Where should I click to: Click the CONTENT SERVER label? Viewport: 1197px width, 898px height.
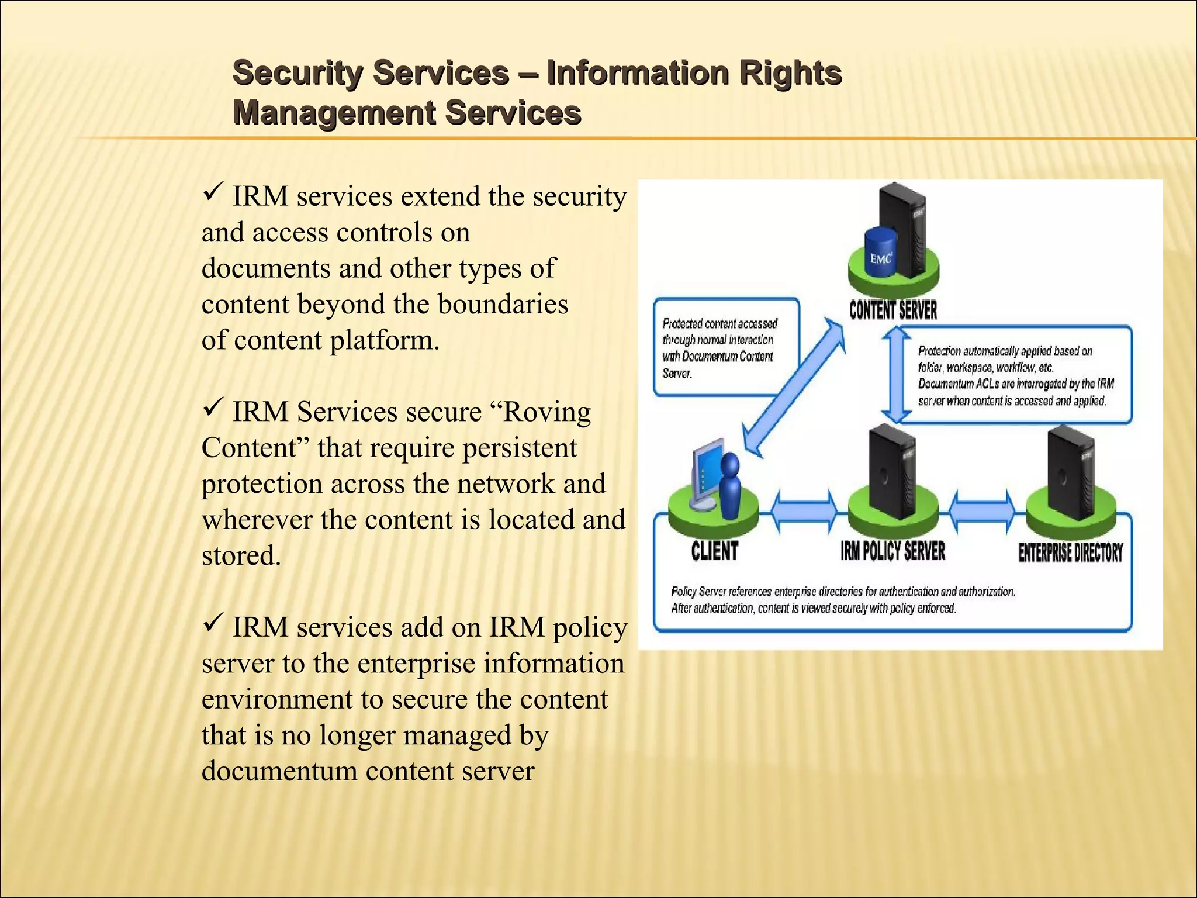[892, 310]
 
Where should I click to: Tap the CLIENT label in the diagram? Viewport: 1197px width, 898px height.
[714, 551]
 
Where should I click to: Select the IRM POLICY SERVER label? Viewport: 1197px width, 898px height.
[892, 551]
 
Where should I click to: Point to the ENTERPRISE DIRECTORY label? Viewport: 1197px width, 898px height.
[1070, 552]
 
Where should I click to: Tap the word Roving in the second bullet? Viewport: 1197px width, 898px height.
[546, 412]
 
